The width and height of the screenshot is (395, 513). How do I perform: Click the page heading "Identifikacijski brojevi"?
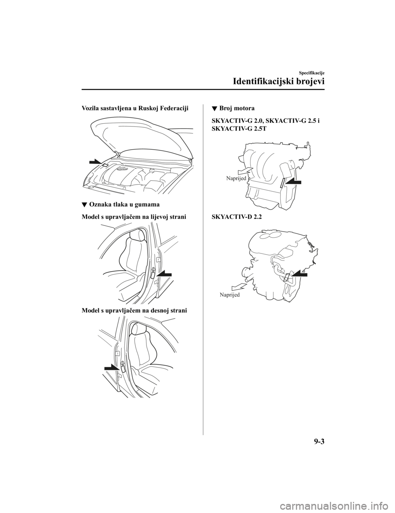point(278,82)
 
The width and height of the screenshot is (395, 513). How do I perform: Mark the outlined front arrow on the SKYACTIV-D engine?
point(239,287)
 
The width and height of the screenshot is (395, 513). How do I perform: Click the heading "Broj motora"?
point(237,102)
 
